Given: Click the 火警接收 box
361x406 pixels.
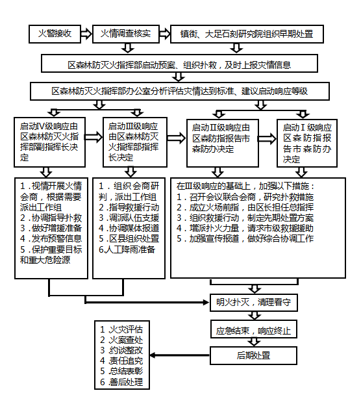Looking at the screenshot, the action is (x=55, y=34).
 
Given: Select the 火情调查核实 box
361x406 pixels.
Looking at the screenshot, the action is (x=126, y=34).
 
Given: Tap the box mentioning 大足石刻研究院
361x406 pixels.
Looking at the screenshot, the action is (x=247, y=34).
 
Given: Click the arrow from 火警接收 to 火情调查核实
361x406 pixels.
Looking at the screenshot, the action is (x=86, y=34).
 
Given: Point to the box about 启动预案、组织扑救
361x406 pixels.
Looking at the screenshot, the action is (x=179, y=64).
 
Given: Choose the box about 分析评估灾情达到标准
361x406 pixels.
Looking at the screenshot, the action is (x=180, y=91).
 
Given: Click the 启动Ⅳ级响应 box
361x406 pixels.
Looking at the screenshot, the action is (x=50, y=142).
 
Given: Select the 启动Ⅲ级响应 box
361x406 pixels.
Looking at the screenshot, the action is (x=135, y=142).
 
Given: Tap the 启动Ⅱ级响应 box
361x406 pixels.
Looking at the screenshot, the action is (x=223, y=143).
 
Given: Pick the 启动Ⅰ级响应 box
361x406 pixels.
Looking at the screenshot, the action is (x=307, y=143).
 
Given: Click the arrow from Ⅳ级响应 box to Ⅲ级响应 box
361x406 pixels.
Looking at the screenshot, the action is (x=94, y=137).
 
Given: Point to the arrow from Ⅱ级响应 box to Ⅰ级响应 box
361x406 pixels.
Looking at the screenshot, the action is (x=268, y=139).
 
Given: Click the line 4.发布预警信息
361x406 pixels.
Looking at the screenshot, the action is (x=51, y=238).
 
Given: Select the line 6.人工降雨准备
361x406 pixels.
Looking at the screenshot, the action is (x=127, y=249).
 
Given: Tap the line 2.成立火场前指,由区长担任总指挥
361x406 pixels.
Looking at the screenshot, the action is (x=245, y=207).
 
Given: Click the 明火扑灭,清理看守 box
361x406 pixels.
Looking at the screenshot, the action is (x=254, y=303).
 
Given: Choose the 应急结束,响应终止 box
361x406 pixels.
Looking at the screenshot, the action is (x=254, y=329).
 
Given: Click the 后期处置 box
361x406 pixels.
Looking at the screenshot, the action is (x=253, y=355).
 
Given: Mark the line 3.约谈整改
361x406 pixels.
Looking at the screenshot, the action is (x=121, y=350).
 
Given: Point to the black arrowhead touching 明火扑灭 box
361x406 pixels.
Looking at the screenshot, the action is (x=206, y=302).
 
